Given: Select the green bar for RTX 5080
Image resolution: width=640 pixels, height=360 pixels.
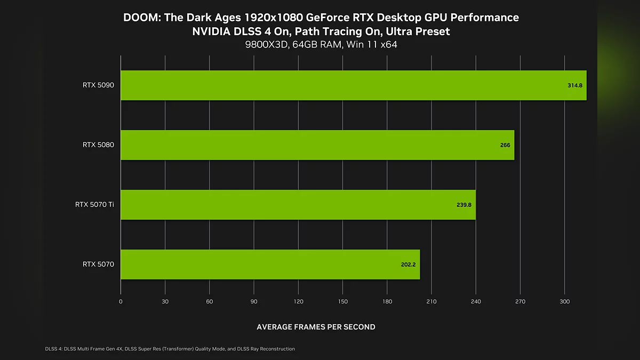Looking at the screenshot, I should [x=317, y=145].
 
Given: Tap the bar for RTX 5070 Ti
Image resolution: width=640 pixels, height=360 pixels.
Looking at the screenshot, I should [x=298, y=204].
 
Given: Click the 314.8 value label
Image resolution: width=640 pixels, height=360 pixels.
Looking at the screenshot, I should [x=575, y=85].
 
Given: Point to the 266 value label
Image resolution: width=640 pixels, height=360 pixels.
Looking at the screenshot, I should [x=505, y=145].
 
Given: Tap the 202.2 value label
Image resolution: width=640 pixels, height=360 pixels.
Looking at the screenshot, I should [x=408, y=264].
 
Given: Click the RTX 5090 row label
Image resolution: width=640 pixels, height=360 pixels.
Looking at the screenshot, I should [x=98, y=85].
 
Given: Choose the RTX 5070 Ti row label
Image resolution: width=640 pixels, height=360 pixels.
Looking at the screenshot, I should [x=94, y=204].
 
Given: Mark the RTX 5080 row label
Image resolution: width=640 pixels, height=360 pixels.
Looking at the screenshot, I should [x=98, y=145].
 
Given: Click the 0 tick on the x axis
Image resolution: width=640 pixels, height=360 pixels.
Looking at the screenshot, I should [x=121, y=302].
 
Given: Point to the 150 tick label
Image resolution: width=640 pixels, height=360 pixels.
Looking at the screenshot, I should [x=343, y=302].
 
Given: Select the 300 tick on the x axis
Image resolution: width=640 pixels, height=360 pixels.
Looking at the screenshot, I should [x=565, y=302].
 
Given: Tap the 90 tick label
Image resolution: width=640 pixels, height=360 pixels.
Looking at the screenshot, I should [x=254, y=302].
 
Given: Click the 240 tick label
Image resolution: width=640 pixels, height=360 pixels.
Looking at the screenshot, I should [x=476, y=302].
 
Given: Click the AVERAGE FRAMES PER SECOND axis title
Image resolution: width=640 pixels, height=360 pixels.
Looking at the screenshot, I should [x=316, y=327].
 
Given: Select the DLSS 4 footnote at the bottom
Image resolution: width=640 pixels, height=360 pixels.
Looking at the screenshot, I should [x=170, y=349].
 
